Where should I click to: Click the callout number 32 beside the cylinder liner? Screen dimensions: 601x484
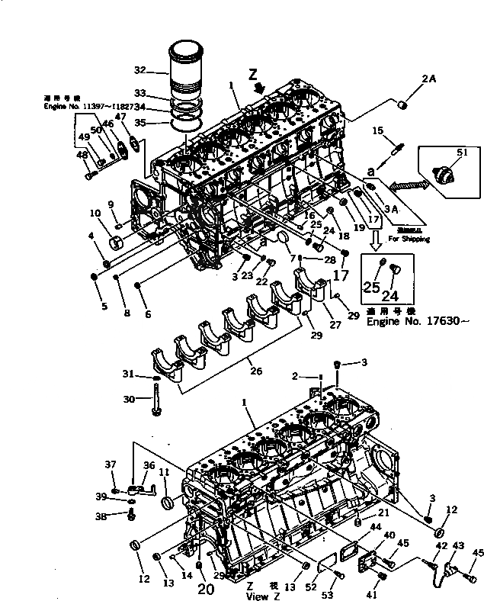tap(139, 70)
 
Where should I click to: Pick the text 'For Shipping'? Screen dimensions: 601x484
tap(410, 239)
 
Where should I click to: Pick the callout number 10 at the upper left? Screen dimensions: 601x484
tap(95, 212)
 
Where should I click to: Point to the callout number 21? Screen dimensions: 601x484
tap(384, 512)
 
